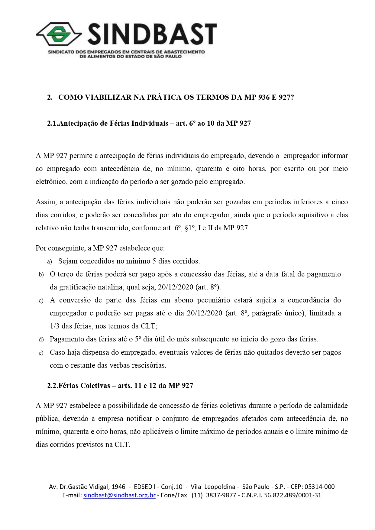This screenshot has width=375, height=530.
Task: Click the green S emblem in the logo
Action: pyautogui.click(x=58, y=34)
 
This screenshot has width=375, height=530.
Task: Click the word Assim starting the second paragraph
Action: pyautogui.click(x=46, y=202)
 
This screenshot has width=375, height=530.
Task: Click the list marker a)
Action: pyautogui.click(x=50, y=262)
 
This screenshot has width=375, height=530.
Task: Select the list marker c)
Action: pyautogui.click(x=41, y=301)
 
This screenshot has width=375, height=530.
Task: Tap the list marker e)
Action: pyautogui.click(x=41, y=353)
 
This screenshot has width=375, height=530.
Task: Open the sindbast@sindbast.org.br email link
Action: pyautogui.click(x=119, y=495)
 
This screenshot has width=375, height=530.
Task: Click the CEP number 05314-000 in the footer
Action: pyautogui.click(x=319, y=487)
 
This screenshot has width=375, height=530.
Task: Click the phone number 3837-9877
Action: pyautogui.click(x=221, y=495)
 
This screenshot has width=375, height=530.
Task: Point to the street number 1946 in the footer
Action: pyautogui.click(x=118, y=487)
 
